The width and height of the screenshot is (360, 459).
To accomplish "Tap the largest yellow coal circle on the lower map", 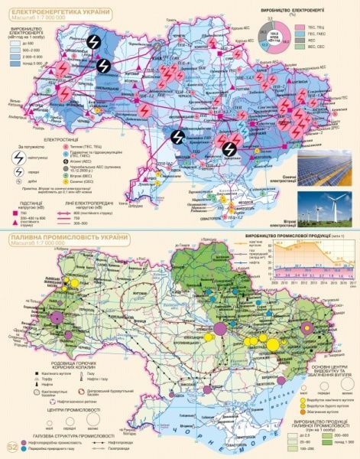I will click(310, 330).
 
